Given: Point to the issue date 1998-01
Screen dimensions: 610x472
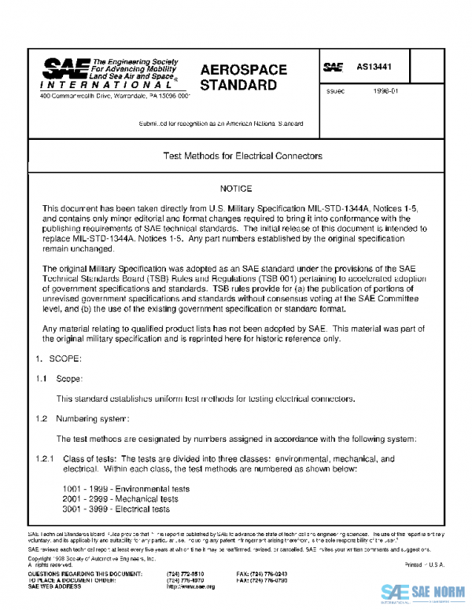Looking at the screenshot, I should pos(386,92).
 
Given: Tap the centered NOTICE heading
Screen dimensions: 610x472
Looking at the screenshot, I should pos(235,189).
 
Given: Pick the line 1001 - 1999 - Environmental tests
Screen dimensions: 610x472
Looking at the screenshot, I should pos(126,488).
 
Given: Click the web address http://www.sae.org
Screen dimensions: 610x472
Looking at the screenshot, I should pos(190,586).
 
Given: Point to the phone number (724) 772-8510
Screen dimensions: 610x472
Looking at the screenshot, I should pos(184,575).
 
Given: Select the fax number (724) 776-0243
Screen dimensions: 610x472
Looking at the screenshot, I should pos(262,575).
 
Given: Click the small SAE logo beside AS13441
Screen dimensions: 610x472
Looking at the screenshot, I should pos(334,68).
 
